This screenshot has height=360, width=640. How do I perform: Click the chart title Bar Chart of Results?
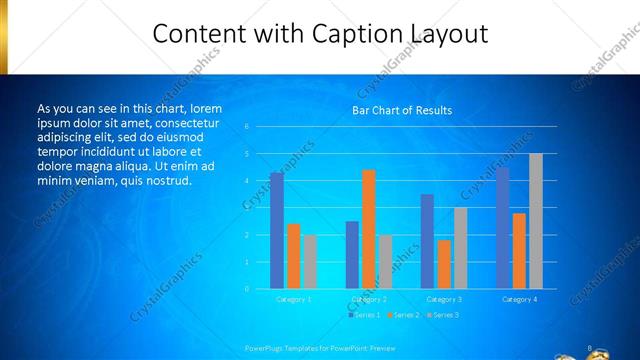[402, 110]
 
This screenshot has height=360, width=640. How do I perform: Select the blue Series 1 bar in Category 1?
[277, 231]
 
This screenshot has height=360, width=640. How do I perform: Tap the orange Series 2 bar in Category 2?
[369, 229]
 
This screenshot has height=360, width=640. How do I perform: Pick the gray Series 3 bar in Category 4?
[535, 221]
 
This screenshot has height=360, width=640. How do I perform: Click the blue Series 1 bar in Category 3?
[427, 241]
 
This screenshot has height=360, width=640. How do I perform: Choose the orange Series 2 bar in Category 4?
[519, 251]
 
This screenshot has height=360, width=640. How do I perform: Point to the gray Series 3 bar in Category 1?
[310, 262]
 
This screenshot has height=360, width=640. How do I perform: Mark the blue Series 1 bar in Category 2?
[352, 255]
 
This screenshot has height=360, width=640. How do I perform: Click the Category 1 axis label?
[293, 299]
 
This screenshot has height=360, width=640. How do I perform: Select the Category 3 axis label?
[443, 299]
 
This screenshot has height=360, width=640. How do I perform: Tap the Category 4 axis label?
[519, 299]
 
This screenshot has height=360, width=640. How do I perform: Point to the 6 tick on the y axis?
[246, 127]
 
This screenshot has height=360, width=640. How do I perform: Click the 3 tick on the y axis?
[246, 208]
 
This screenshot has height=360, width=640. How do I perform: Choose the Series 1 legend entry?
[365, 315]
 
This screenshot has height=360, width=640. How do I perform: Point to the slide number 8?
[590, 348]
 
